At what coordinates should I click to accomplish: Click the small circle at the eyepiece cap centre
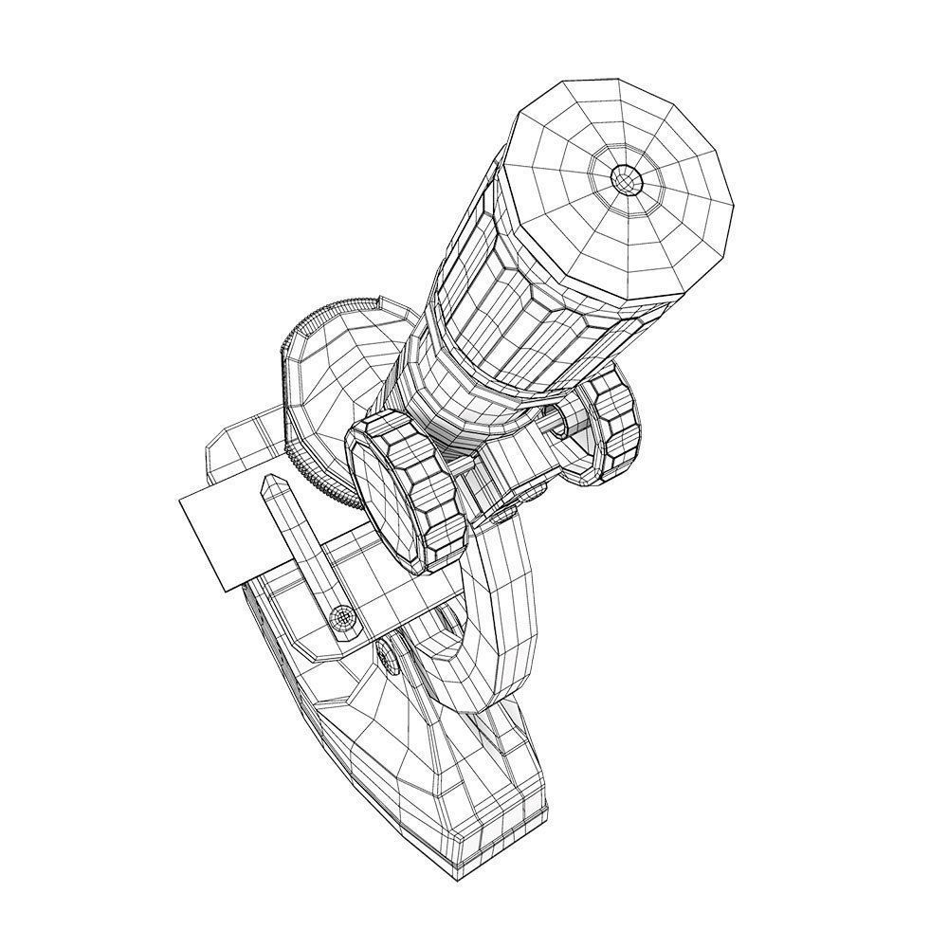(626, 176)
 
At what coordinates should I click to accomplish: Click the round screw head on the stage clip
(344, 618)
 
